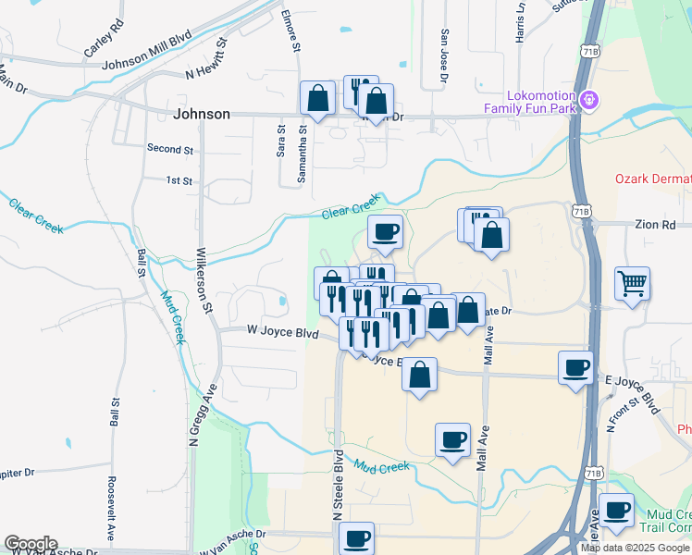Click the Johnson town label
point(202,114)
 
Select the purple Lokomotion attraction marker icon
point(587,98)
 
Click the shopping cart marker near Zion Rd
point(632,284)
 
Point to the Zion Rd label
point(656,224)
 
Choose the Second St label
point(170,148)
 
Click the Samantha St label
point(300,155)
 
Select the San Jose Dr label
point(444,56)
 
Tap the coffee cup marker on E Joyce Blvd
point(575,368)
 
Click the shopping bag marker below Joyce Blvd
point(420,376)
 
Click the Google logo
point(31,544)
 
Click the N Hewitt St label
point(206,57)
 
